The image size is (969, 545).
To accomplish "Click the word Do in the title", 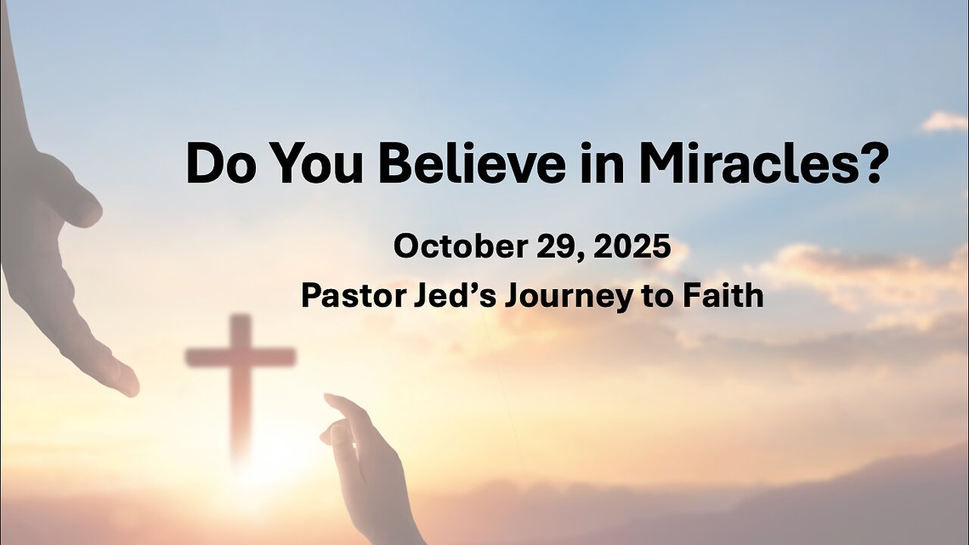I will (x=220, y=163).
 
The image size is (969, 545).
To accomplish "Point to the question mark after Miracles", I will (x=870, y=163).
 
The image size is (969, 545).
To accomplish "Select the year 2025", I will (x=633, y=246).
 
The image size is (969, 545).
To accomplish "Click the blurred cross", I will (x=241, y=378).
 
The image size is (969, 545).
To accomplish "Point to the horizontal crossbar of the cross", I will (x=241, y=357).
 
